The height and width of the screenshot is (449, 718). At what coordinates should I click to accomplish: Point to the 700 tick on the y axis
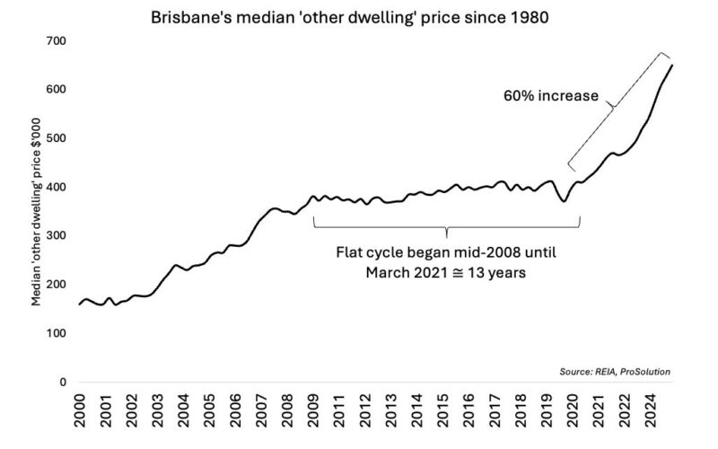click(x=56, y=41)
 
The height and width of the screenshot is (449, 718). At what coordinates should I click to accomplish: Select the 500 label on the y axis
click(x=56, y=138)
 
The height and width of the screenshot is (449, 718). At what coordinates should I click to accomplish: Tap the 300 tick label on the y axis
click(x=56, y=235)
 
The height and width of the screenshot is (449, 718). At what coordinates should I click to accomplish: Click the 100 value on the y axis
click(x=56, y=333)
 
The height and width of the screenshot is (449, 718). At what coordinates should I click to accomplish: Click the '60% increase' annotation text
click(x=550, y=95)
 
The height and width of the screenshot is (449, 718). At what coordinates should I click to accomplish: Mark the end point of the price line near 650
click(x=673, y=65)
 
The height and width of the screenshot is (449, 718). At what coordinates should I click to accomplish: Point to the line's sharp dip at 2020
click(x=564, y=201)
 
